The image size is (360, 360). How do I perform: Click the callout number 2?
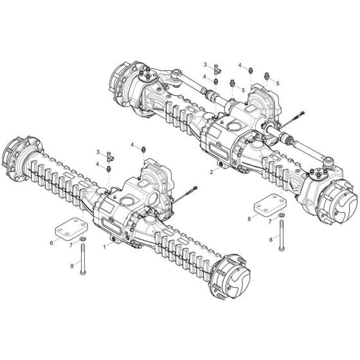212,172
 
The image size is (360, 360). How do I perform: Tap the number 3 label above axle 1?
98,151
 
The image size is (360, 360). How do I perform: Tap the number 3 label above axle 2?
206,65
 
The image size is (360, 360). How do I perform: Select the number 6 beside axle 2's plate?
248,219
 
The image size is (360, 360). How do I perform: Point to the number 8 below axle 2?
270,239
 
